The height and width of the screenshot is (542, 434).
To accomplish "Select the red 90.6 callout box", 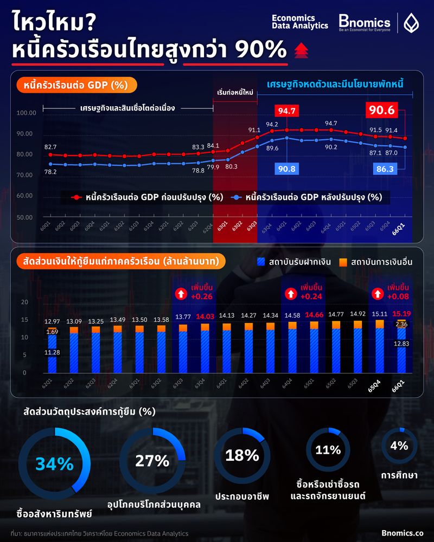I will (x=383, y=110).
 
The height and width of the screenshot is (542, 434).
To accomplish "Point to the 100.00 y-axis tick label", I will (x=27, y=113).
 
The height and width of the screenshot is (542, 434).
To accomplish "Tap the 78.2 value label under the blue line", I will (x=50, y=172).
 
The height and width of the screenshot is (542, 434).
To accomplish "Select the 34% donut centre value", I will (x=54, y=464).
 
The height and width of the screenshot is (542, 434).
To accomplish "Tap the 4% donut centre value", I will (x=399, y=446).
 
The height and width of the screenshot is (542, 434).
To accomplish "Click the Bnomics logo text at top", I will (x=364, y=23).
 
